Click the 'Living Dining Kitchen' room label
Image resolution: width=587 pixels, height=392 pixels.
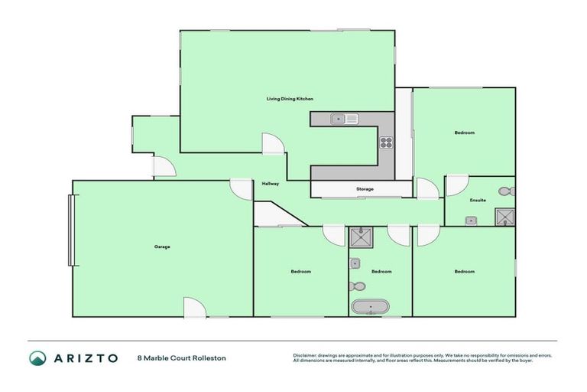[x=290, y=99]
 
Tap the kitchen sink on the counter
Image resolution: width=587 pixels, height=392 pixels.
[x=345, y=119]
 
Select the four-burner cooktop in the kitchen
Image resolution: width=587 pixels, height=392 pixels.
[x=387, y=141]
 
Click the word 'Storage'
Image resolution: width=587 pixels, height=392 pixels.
[x=365, y=188]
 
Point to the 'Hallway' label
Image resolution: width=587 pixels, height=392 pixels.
[x=271, y=184]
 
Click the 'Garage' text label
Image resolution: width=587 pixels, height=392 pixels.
[x=162, y=247]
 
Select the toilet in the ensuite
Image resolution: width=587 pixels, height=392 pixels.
[x=505, y=191]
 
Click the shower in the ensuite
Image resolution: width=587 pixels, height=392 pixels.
[x=504, y=217]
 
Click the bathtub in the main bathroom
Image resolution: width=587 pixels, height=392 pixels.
[x=371, y=307]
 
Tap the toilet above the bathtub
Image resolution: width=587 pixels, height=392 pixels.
[x=357, y=286]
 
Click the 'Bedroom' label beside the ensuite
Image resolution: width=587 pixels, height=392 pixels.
[x=464, y=132]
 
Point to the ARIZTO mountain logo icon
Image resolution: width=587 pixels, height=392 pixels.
[x=37, y=358]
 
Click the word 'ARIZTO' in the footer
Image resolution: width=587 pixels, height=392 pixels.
[x=86, y=358]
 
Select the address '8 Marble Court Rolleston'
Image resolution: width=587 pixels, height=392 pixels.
[x=181, y=358]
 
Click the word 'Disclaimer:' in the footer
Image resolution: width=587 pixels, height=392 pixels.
[x=305, y=355]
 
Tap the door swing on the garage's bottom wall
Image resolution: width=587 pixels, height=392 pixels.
[x=194, y=308]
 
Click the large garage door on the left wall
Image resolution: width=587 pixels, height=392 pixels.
[x=71, y=230]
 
